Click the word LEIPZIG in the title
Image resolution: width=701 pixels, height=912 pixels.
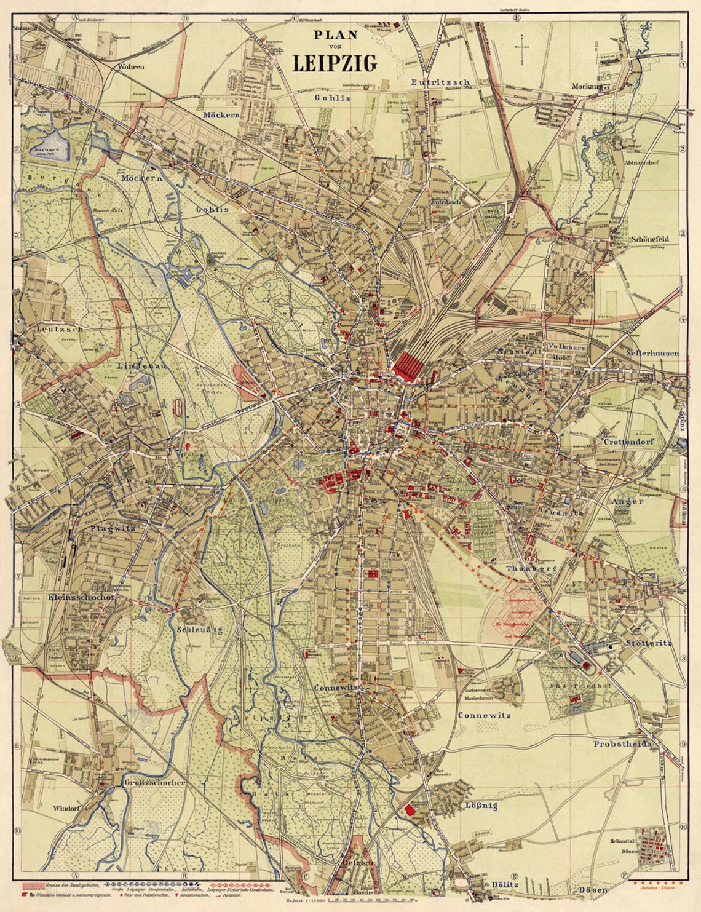tap(335, 63)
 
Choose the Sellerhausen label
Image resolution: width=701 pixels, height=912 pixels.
tap(652, 354)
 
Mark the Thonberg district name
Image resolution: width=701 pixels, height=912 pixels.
tap(531, 569)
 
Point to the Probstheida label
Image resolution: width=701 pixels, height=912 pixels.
tap(621, 743)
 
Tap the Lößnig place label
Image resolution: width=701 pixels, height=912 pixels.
tap(481, 805)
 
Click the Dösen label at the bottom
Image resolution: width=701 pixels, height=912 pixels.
tap(593, 890)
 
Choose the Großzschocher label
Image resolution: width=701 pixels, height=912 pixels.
tap(154, 783)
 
